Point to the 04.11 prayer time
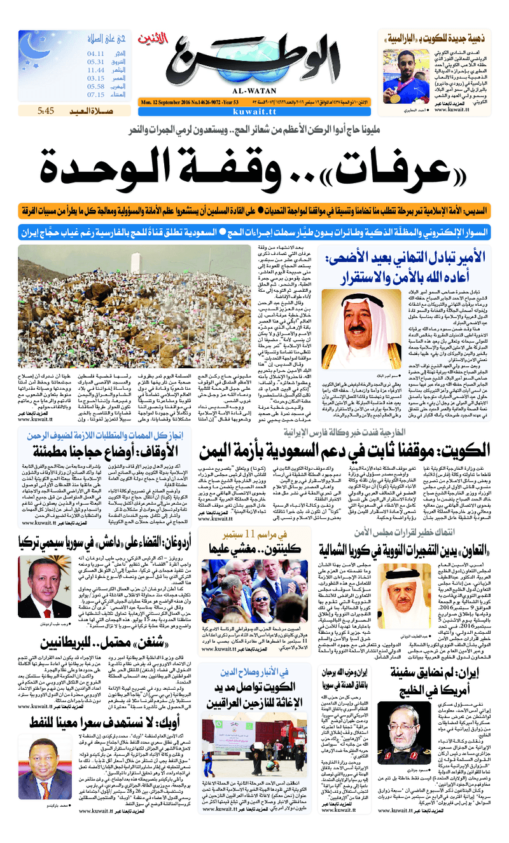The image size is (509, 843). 96,54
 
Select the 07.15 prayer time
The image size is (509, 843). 96,95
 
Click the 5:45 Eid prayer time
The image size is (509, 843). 46,111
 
